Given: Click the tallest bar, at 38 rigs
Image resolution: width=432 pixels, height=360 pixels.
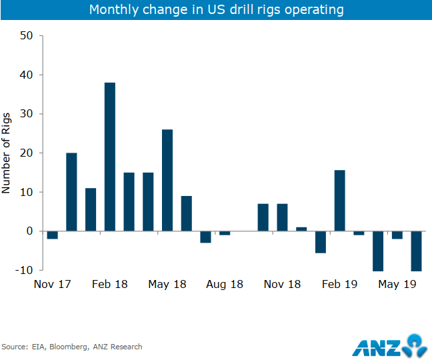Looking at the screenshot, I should pos(109,157).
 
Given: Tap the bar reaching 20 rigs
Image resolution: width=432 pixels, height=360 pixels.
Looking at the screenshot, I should pos(71,192).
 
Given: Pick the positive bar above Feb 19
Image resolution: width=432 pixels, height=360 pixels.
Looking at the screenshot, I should pos(340,201).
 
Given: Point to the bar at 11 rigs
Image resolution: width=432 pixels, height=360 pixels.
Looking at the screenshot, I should pos(91,209).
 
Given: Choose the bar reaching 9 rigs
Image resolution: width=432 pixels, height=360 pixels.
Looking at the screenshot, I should pos(187,213).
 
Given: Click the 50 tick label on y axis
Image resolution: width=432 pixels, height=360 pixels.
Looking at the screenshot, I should pos(25,36).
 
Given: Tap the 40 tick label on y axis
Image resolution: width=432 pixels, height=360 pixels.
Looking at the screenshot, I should pos(25,75).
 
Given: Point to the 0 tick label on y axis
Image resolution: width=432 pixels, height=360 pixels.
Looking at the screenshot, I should pos(29,231).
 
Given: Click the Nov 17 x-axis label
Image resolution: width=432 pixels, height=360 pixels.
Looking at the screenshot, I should pos(53,284).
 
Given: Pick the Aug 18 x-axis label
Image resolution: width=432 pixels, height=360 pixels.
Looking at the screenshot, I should pos(225,284).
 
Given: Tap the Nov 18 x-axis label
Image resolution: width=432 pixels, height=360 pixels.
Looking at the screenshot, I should pos(283,284).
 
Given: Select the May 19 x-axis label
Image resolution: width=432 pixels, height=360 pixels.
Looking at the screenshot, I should pos(398,284).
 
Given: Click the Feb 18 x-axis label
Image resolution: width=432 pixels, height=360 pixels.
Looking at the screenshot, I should pos(110,284).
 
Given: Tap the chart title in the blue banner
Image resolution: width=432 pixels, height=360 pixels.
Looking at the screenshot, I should pos(216,10).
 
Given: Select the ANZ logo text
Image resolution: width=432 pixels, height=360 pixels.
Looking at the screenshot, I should pos(376,347).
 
